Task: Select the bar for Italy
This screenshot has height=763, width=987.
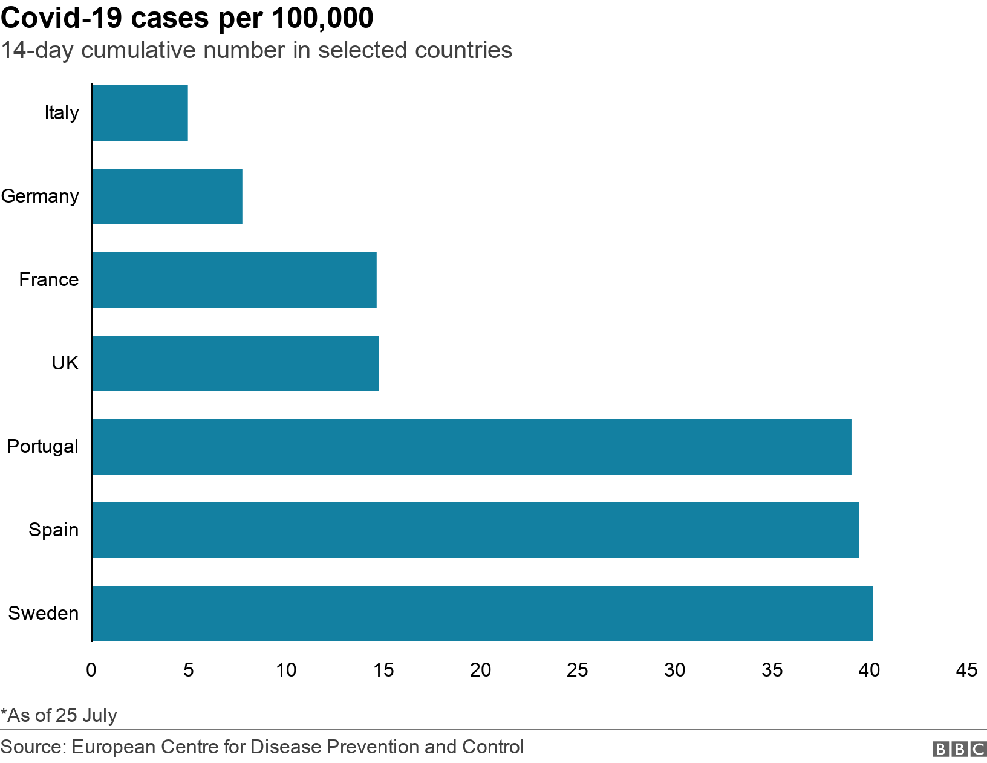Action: pos(140,113)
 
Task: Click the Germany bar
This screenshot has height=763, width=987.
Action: pos(168,196)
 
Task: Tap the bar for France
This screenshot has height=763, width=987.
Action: pos(235,280)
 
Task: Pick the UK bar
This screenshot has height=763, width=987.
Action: pos(235,363)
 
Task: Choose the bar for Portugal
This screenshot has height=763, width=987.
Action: pos(472,447)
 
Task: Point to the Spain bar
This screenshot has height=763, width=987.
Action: pos(475,530)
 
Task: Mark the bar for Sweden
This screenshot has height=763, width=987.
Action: pos(482,614)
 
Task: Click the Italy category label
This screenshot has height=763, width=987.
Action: pos(62,113)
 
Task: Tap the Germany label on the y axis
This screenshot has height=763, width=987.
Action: pos(40,196)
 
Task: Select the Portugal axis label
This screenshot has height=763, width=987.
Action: pos(42,447)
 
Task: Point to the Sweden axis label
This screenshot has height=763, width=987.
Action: pos(43,614)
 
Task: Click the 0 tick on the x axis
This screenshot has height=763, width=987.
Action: pos(91,670)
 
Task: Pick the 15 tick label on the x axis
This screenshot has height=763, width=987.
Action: pos(383,670)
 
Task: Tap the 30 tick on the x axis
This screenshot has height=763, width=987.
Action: pos(675,670)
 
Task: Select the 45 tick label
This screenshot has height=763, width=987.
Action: pos(966,670)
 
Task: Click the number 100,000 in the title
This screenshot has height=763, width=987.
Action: pos(322,18)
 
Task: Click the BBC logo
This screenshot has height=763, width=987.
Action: pos(959,749)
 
